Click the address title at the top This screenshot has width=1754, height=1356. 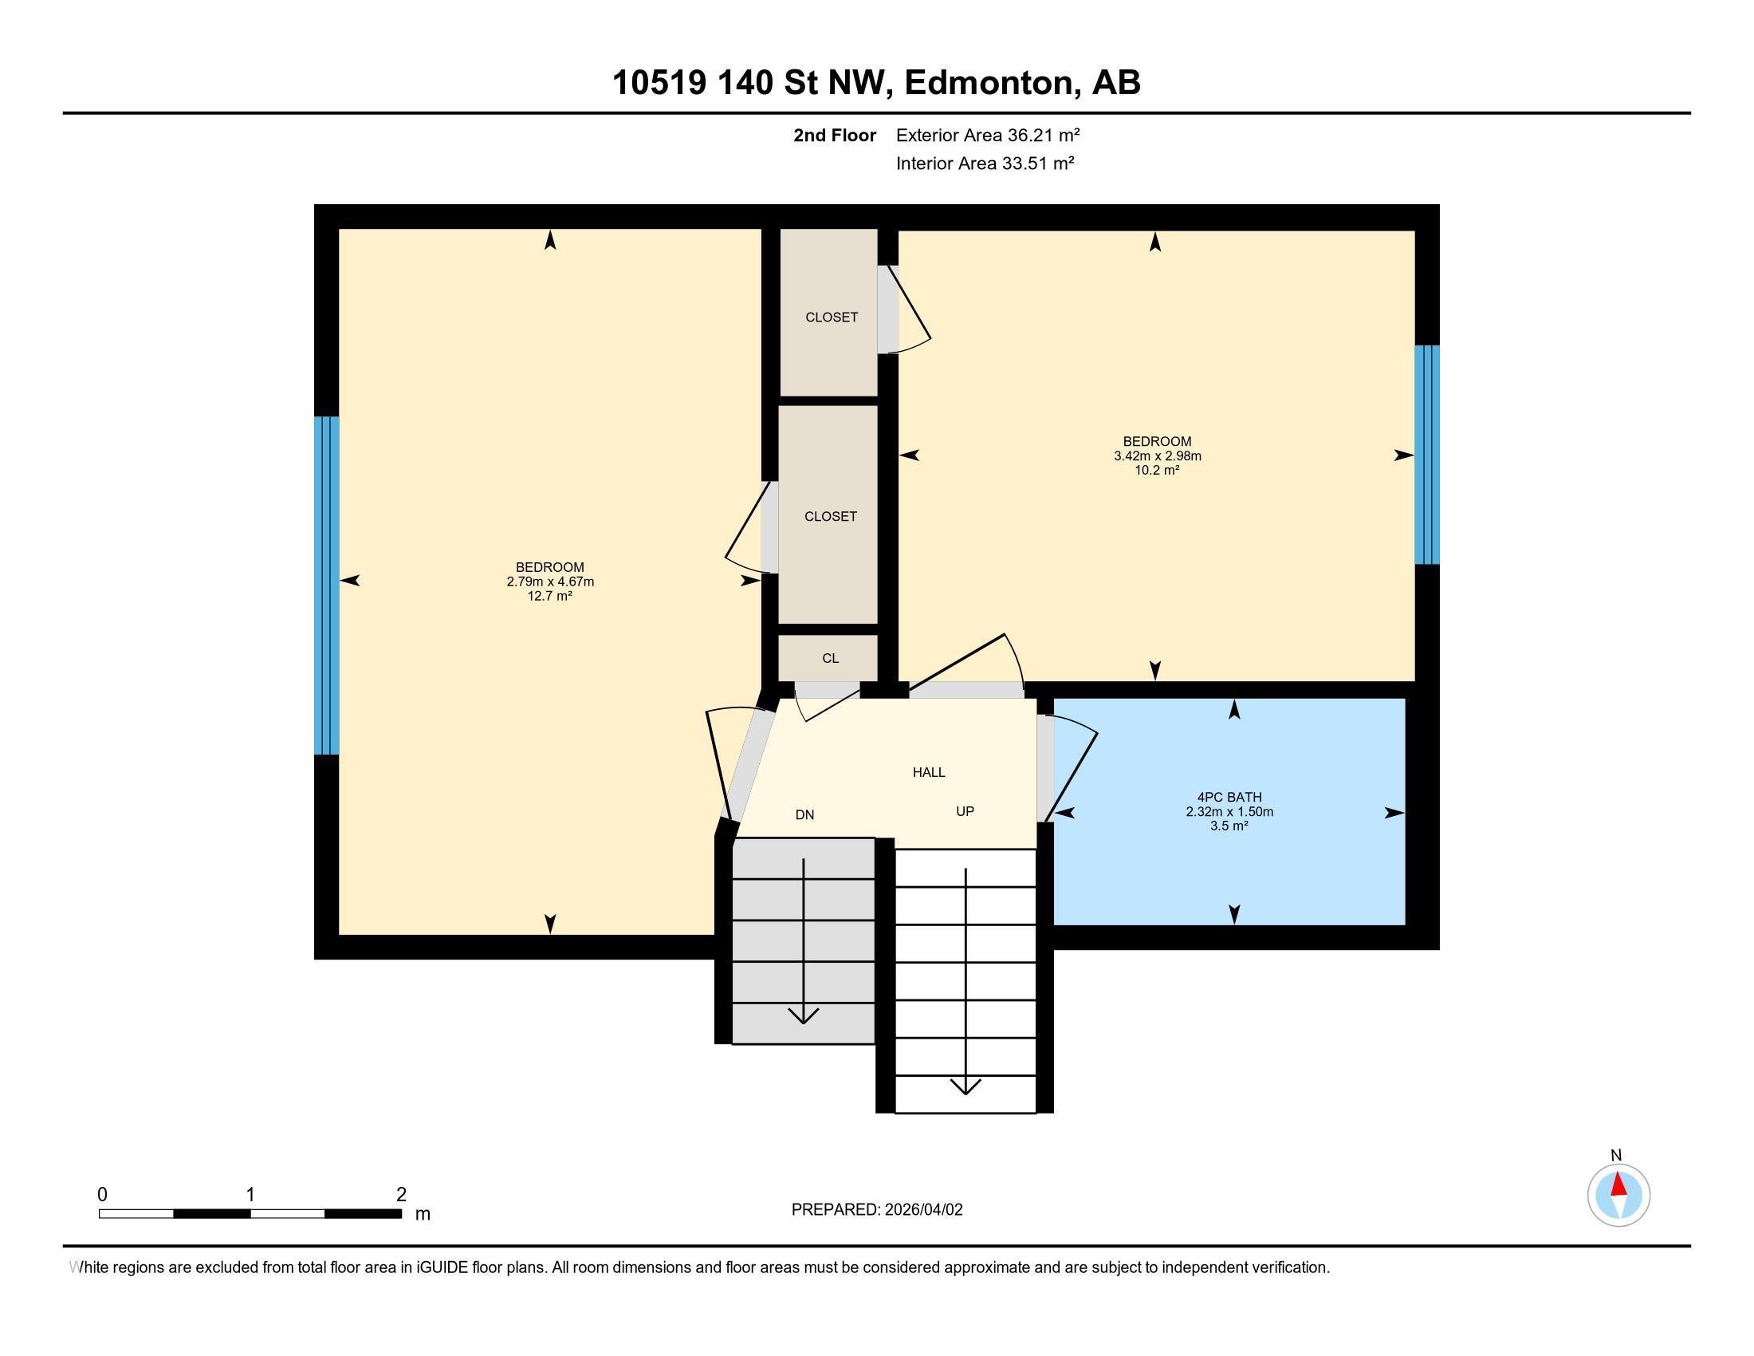tap(876, 83)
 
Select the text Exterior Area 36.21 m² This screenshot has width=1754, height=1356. tap(987, 135)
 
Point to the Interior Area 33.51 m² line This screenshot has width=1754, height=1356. tap(985, 163)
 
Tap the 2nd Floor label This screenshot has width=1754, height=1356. tap(834, 135)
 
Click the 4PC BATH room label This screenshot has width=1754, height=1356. tap(1229, 797)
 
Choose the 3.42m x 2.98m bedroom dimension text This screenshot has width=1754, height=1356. tap(1157, 456)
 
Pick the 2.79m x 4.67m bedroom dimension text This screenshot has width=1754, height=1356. tap(549, 581)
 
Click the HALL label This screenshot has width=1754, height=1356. tap(928, 772)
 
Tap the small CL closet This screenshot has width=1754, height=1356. tap(830, 658)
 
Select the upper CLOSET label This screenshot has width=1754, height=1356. tap(832, 317)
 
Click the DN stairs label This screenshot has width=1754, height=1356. tap(804, 814)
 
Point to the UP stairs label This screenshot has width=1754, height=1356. tap(965, 811)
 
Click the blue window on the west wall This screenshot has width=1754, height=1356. tap(326, 585)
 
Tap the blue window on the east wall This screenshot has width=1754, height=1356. tap(1426, 455)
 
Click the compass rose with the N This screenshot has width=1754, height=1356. tap(1618, 1195)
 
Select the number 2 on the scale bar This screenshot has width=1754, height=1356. tap(401, 1195)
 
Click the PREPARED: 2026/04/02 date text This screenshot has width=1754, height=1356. tap(876, 1209)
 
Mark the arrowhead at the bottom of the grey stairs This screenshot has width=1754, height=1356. tap(803, 1015)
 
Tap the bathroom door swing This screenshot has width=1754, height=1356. tap(1072, 767)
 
